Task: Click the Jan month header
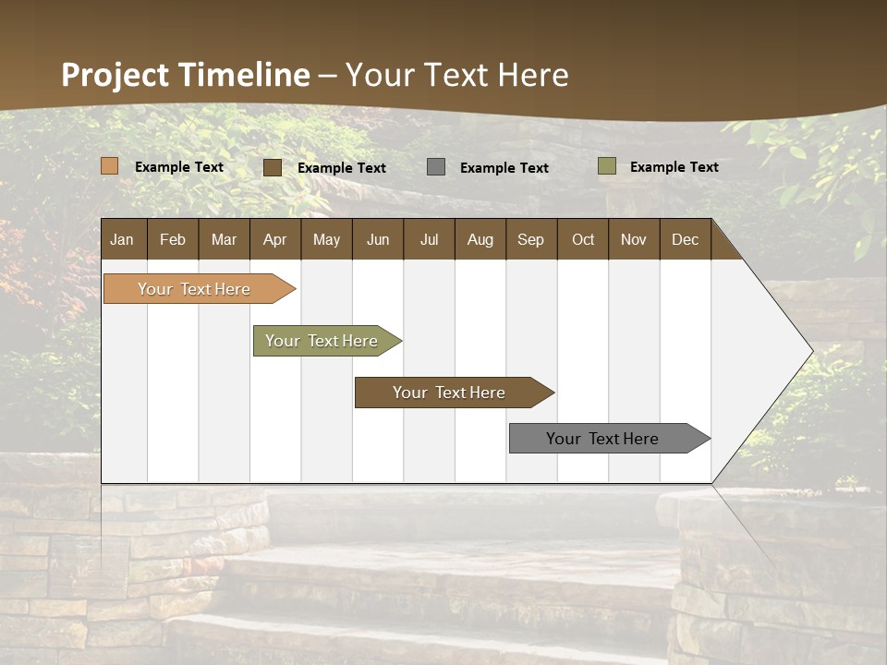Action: (x=122, y=240)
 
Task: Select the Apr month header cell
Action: (x=275, y=240)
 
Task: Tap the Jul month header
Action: (x=429, y=240)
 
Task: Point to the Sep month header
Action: (x=530, y=240)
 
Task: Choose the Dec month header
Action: (x=685, y=240)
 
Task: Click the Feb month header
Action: (x=173, y=240)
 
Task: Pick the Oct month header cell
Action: (x=583, y=240)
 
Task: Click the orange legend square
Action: (x=110, y=166)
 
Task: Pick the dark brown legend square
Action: (x=273, y=167)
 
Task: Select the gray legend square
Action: (x=436, y=167)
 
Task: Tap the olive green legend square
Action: (x=607, y=166)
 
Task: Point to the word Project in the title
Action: (x=115, y=75)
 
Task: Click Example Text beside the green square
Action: (x=674, y=167)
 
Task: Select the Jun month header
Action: (x=378, y=240)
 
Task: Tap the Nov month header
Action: (x=634, y=240)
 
